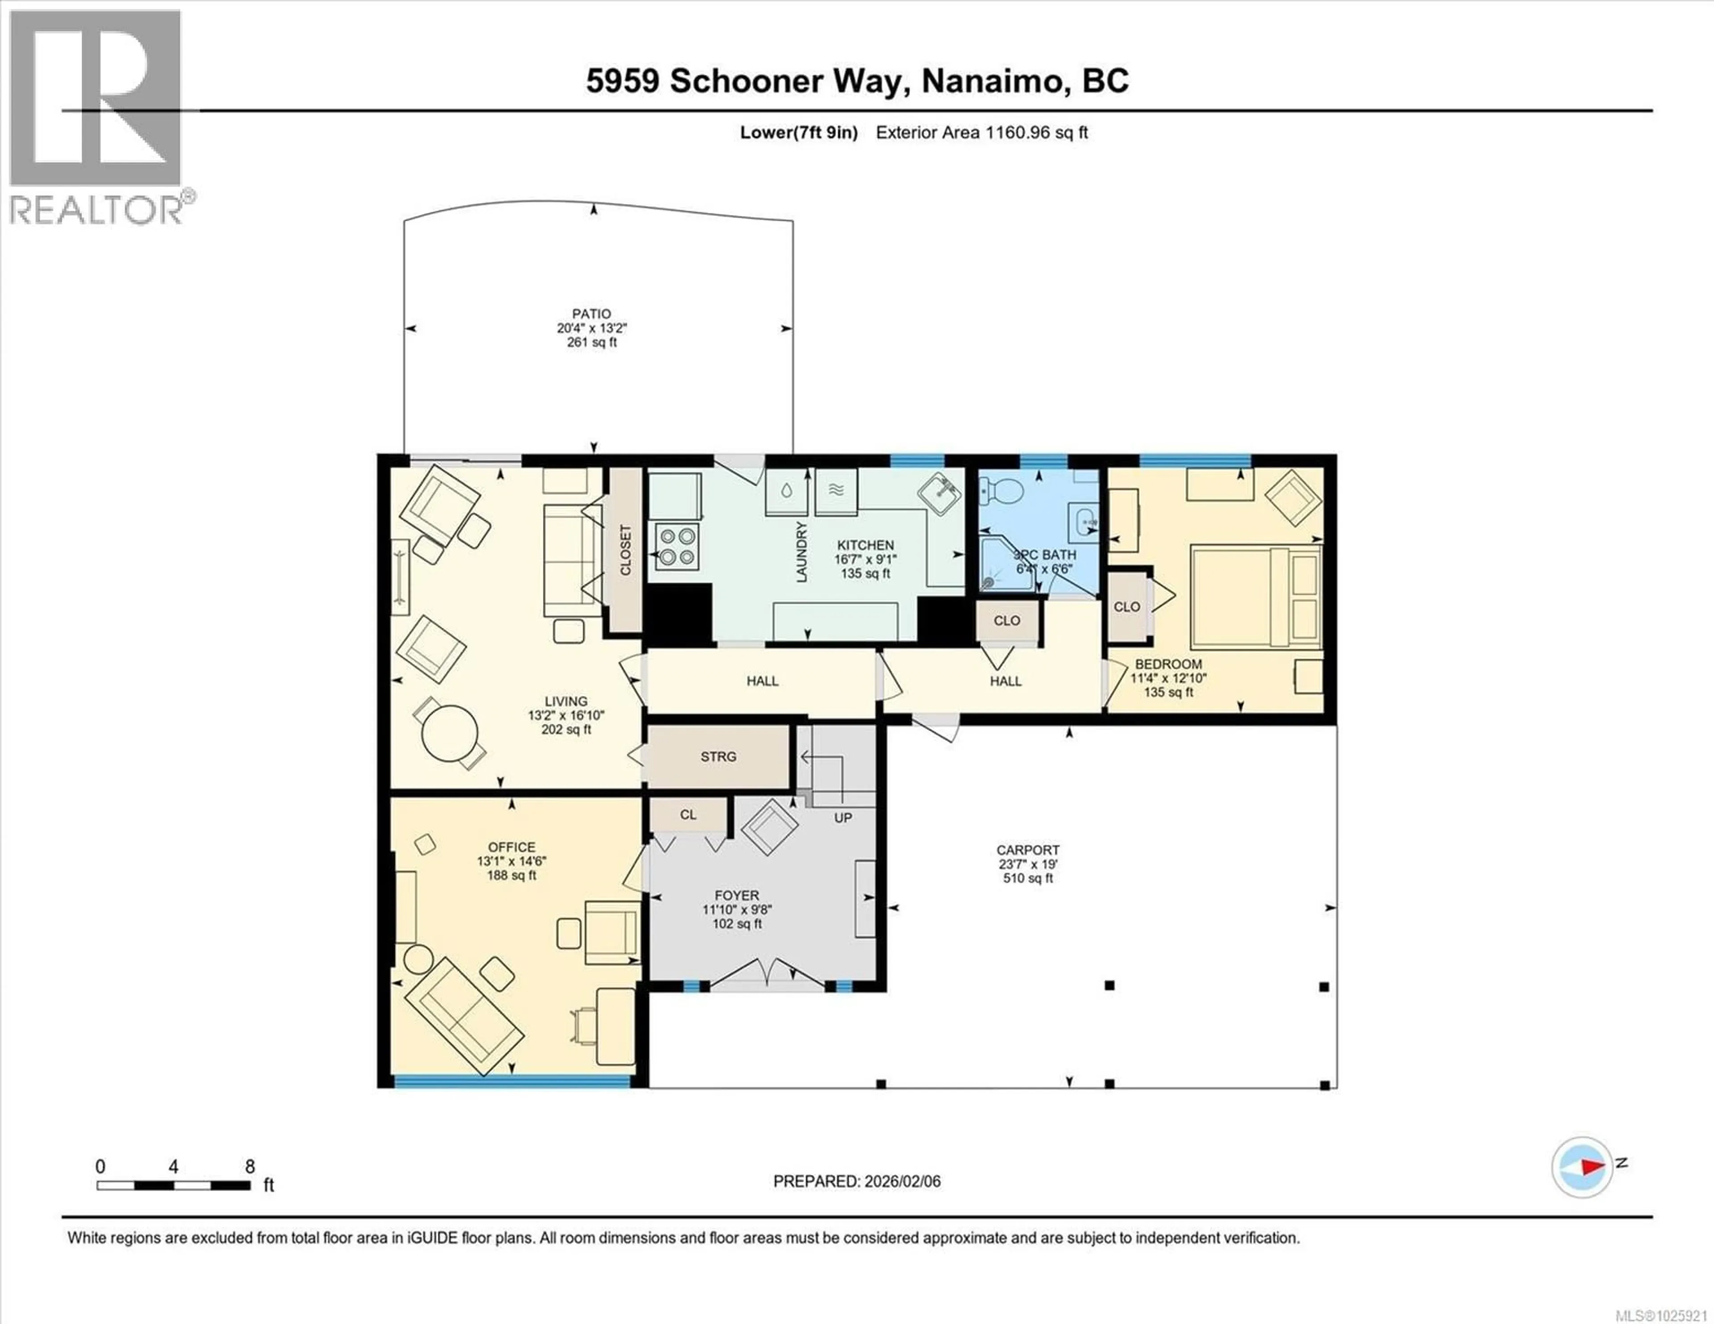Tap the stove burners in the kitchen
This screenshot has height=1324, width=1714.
[x=677, y=547]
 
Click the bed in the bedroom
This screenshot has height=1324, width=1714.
[x=1256, y=597]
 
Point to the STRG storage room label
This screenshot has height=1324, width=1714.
[x=718, y=756]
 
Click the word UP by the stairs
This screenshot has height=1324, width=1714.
[x=843, y=818]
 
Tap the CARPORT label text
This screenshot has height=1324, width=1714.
[x=1028, y=850]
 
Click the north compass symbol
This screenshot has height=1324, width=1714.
[x=1582, y=1167]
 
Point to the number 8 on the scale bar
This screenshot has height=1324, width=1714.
[x=250, y=1166]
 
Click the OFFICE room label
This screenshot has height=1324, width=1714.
[x=512, y=847]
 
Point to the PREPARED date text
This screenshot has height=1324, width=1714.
[x=856, y=1181]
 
